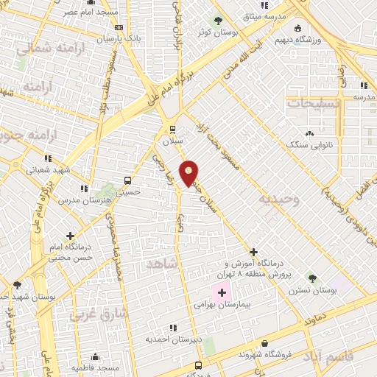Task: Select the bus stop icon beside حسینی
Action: click(x=128, y=180)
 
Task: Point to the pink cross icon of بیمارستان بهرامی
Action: click(x=222, y=292)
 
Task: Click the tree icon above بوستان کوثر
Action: click(x=216, y=21)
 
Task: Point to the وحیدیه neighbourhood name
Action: click(x=276, y=199)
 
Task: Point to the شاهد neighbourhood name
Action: click(x=163, y=263)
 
